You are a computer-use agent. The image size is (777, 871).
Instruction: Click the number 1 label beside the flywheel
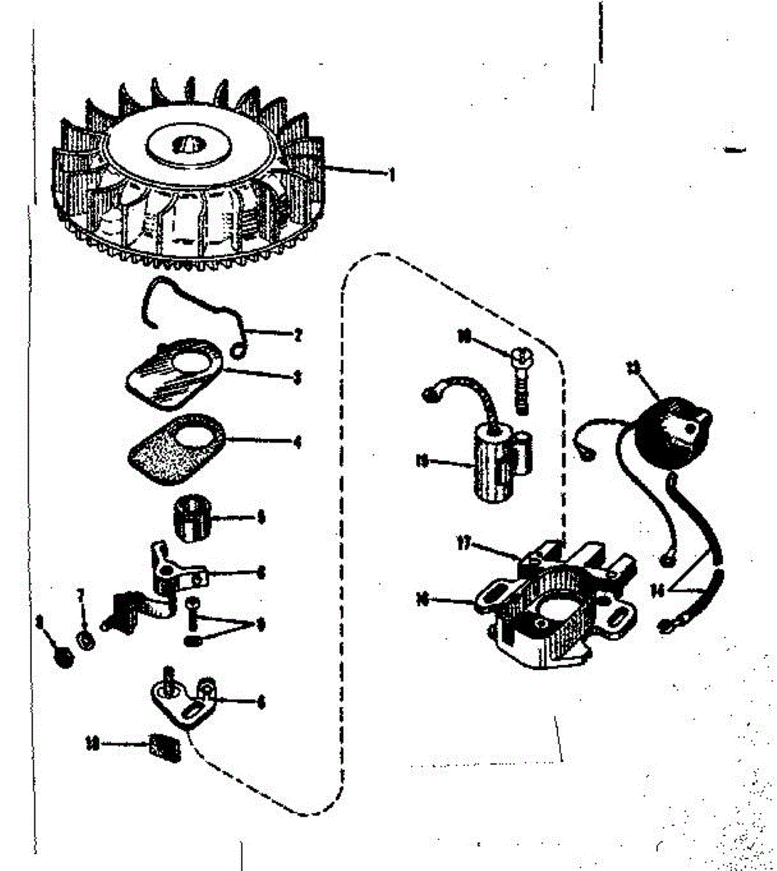391,174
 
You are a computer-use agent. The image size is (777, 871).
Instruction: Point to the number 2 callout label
298,335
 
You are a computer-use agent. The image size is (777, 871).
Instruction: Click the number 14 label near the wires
658,590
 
